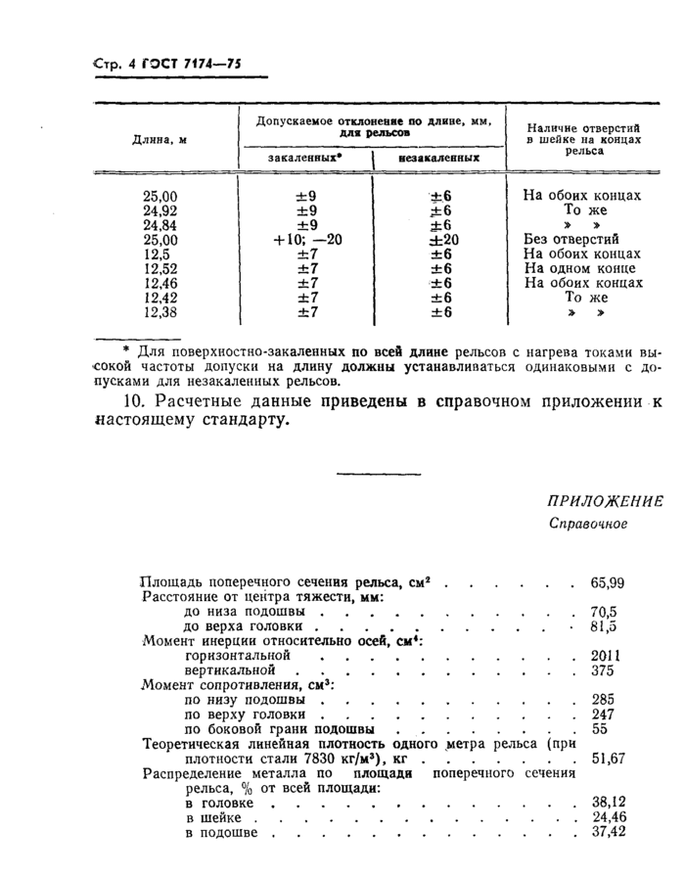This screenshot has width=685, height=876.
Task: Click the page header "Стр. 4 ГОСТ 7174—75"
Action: tap(166, 66)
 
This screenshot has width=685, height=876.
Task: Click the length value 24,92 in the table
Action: tap(160, 209)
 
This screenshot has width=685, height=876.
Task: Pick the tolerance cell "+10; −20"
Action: tap(306, 239)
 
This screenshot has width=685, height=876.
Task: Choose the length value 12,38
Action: tap(160, 312)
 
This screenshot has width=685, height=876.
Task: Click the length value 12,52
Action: tap(160, 268)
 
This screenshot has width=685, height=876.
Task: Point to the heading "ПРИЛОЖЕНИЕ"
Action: tap(605, 502)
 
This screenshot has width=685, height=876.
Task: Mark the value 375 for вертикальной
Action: tap(603, 669)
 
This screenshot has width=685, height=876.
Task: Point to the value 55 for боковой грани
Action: tap(600, 728)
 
